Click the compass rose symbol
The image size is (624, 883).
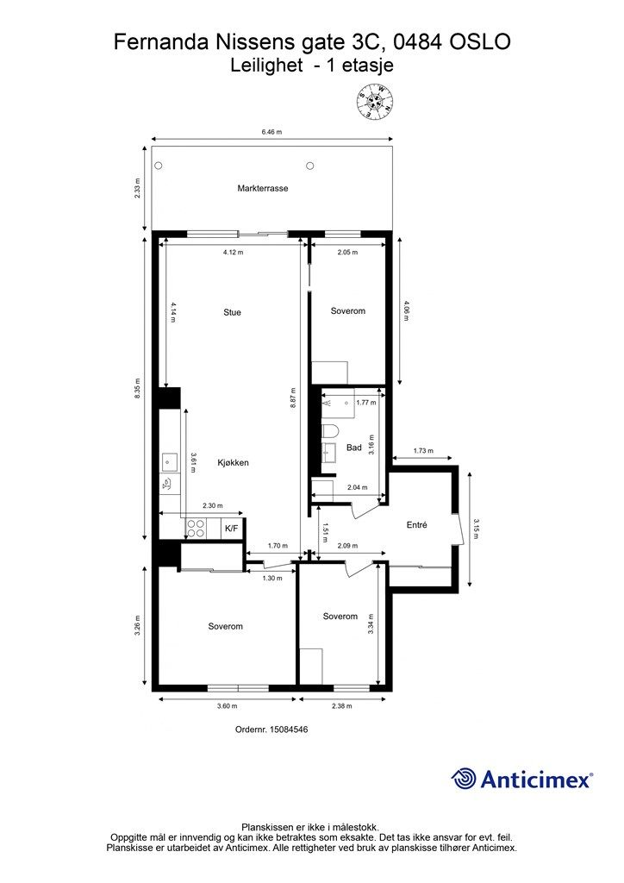click(x=375, y=102)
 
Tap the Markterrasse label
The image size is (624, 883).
click(x=263, y=188)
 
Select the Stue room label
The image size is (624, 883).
click(x=233, y=312)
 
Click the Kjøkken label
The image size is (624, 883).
click(x=234, y=463)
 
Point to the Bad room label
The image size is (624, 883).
click(x=354, y=448)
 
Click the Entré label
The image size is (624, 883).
click(x=417, y=525)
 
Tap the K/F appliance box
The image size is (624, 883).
click(x=231, y=529)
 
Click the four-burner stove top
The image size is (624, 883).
click(x=196, y=529)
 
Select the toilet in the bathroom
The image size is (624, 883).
click(x=331, y=432)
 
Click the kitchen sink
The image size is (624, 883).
click(x=170, y=462)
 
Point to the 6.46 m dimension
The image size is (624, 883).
click(x=271, y=132)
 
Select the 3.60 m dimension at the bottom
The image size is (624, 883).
click(x=228, y=706)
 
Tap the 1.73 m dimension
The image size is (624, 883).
click(x=423, y=450)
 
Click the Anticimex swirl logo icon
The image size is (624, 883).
click(x=463, y=779)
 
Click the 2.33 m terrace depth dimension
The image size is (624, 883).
click(x=139, y=189)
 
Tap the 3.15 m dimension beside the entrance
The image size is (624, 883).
click(x=476, y=529)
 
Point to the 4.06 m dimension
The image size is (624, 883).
click(x=406, y=310)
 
